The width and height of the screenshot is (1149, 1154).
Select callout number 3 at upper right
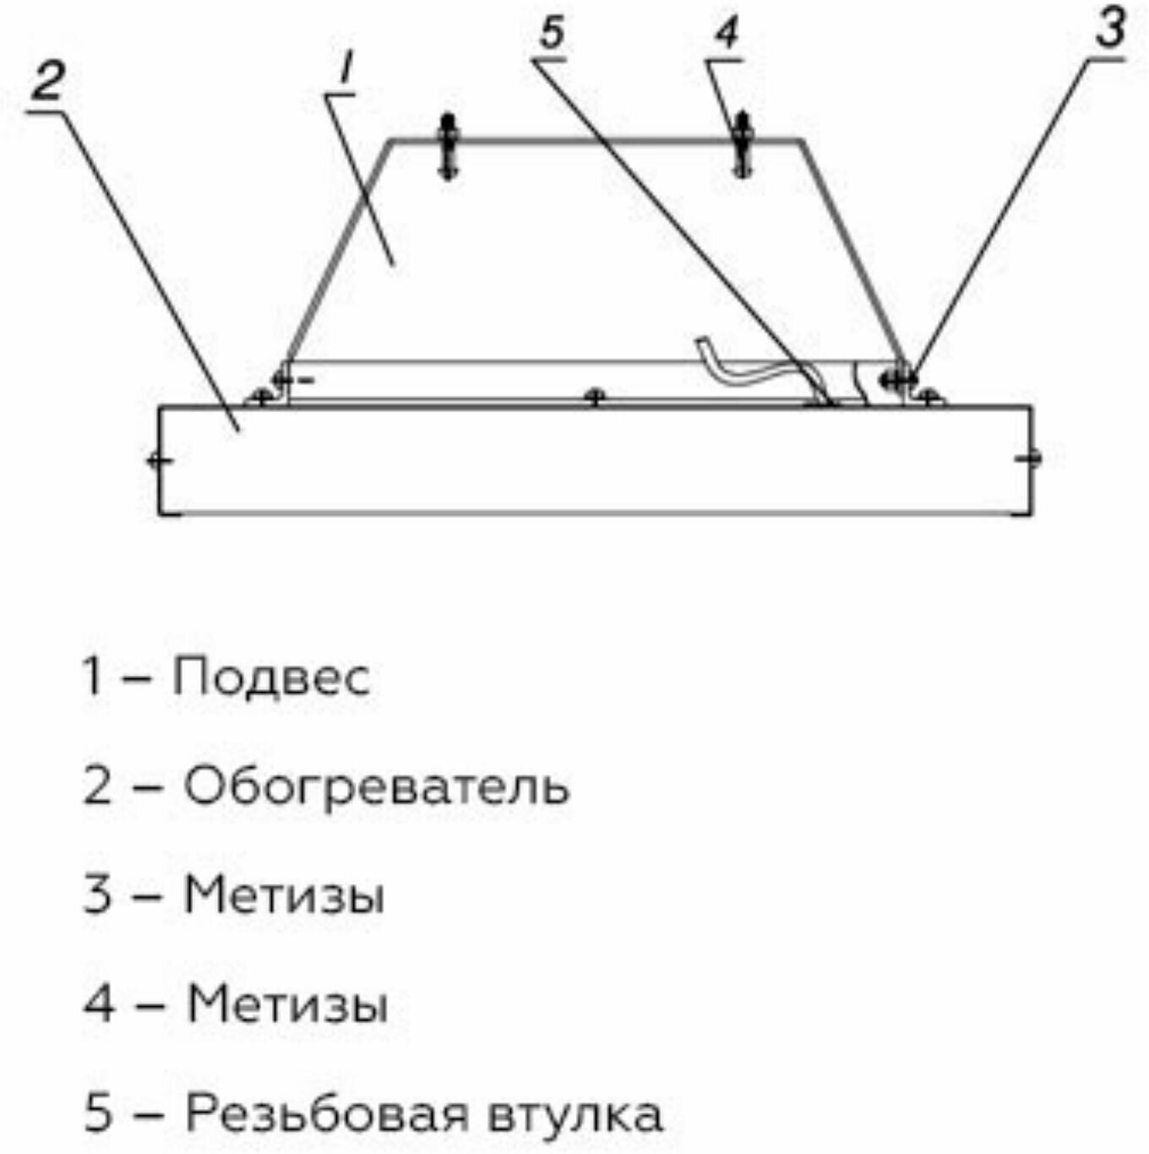pos(1110,28)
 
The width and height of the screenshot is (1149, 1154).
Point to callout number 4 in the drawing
pos(727,33)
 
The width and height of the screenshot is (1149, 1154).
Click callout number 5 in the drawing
pos(551,33)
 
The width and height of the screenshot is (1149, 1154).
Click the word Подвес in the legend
pos(271,678)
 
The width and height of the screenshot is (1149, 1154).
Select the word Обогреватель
pos(377,787)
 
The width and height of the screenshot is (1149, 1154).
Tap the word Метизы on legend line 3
pos(285,895)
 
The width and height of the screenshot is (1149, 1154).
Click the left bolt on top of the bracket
pos(448,147)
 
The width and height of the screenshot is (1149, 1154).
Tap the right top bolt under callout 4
pos(743,145)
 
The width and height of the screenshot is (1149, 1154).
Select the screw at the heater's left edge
pos(159,460)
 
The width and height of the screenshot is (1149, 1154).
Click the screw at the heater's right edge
pos(1029,459)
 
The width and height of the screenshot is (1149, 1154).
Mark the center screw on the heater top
pos(596,396)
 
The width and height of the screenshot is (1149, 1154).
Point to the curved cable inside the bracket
pos(743,364)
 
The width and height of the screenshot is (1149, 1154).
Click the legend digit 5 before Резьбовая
pos(98,1113)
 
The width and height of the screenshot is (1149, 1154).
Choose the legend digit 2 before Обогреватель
pos(98,787)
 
